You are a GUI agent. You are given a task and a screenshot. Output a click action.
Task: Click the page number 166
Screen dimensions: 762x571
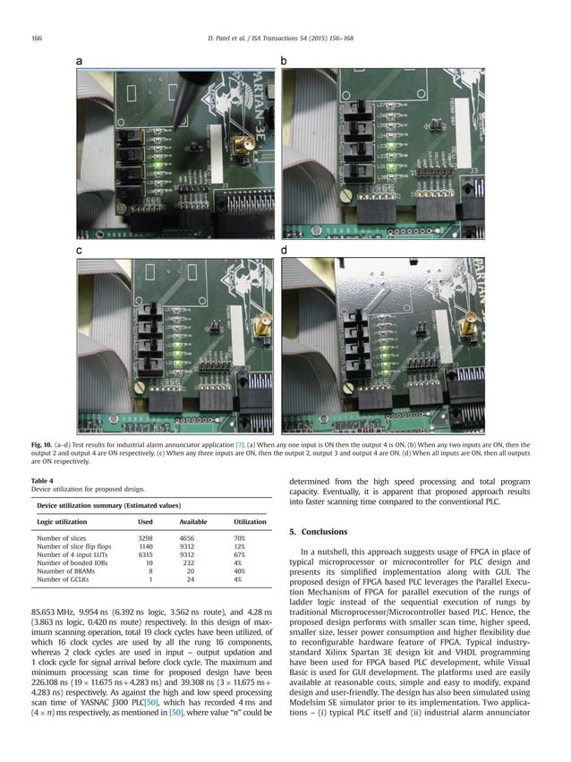pos(37,38)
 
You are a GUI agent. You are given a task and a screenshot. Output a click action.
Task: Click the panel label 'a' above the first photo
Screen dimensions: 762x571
pos(79,61)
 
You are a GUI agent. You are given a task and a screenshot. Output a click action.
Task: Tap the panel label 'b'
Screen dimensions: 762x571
pos(284,61)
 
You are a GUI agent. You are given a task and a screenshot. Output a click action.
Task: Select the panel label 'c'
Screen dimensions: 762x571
pos(79,251)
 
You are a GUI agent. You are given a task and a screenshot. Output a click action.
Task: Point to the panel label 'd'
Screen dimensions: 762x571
pos(284,251)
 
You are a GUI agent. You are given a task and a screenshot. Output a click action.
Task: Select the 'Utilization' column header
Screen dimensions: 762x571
pos(250,521)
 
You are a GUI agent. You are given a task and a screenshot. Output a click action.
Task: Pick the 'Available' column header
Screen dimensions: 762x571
pos(193,521)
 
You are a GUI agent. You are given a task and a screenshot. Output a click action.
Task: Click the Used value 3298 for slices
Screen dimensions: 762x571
pos(150,538)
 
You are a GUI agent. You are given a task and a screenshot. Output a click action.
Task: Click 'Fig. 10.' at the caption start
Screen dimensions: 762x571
pos(42,444)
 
